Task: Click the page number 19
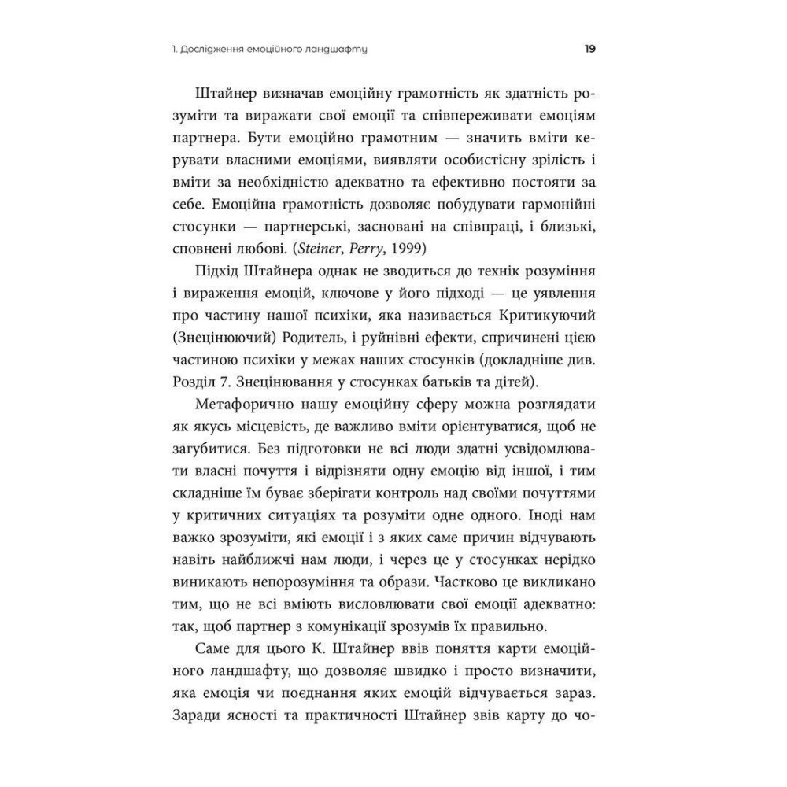[589, 49]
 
